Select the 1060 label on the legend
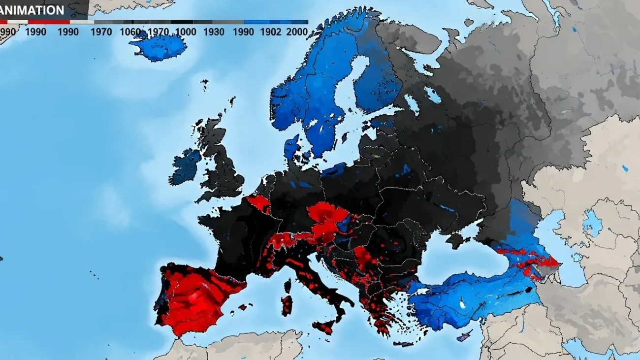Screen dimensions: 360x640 pyautogui.click(x=130, y=32)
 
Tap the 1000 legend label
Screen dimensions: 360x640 pyautogui.click(x=185, y=32)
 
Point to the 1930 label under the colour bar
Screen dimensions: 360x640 pyautogui.click(x=214, y=32)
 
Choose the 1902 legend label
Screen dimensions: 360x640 pyautogui.click(x=271, y=32)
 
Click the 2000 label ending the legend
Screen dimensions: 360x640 pyautogui.click(x=297, y=32)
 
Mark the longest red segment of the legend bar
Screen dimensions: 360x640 pyautogui.click(x=49, y=22)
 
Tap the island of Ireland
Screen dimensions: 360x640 pyautogui.click(x=185, y=166)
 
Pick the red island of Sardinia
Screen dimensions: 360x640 pyautogui.click(x=287, y=305)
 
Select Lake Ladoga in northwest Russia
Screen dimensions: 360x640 pyautogui.click(x=413, y=103)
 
